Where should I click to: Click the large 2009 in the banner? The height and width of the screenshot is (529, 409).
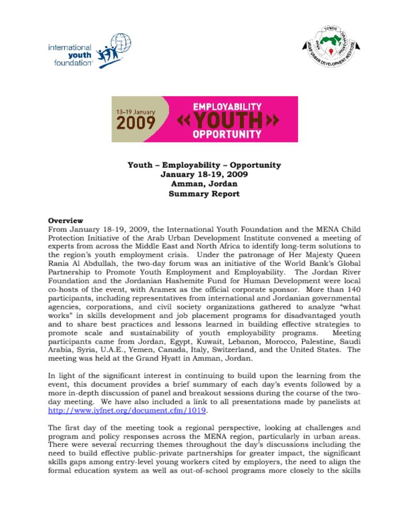coord(135,122)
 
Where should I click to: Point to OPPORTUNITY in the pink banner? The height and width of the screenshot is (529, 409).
coord(227,135)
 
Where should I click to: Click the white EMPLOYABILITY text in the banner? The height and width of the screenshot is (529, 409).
coord(227,107)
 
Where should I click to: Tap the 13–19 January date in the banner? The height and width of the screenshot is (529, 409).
coord(135,111)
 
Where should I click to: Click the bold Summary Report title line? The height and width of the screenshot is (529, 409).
coord(204,194)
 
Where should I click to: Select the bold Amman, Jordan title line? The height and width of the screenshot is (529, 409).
coord(204,184)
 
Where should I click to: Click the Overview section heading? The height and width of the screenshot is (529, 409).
coord(65,221)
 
